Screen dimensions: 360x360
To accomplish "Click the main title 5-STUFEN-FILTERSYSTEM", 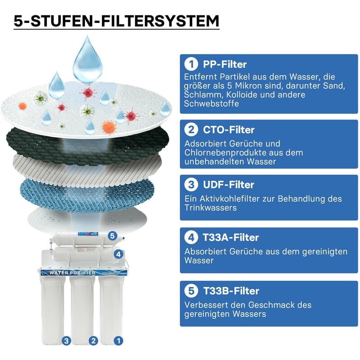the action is pyautogui.click(x=117, y=21).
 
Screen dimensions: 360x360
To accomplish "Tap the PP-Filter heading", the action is pyautogui.click(x=225, y=64).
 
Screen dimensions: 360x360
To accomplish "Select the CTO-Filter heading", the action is pyautogui.click(x=229, y=130).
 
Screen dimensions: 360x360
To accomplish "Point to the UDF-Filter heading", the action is pyautogui.click(x=229, y=184).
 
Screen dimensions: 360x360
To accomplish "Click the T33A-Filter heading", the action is pyautogui.click(x=231, y=238).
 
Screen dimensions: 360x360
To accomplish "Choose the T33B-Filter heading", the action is pyautogui.click(x=231, y=291).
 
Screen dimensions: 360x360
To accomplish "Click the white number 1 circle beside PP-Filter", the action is pyautogui.click(x=191, y=64).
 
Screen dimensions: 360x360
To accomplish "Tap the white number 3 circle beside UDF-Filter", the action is pyautogui.click(x=191, y=184).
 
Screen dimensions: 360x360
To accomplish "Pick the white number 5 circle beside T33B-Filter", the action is pyautogui.click(x=191, y=291).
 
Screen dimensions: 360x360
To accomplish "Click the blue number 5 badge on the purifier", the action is pyautogui.click(x=112, y=236).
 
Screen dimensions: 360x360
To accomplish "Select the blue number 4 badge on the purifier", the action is pyautogui.click(x=118, y=254).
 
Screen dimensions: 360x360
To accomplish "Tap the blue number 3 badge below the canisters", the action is pyautogui.click(x=66, y=341).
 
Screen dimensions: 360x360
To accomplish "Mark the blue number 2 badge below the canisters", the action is pyautogui.click(x=93, y=341).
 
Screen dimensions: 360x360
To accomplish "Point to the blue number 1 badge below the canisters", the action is pyautogui.click(x=118, y=341).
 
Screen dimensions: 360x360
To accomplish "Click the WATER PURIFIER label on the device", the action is pyautogui.click(x=72, y=273).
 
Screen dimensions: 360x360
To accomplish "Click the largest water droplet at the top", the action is pyautogui.click(x=87, y=60).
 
